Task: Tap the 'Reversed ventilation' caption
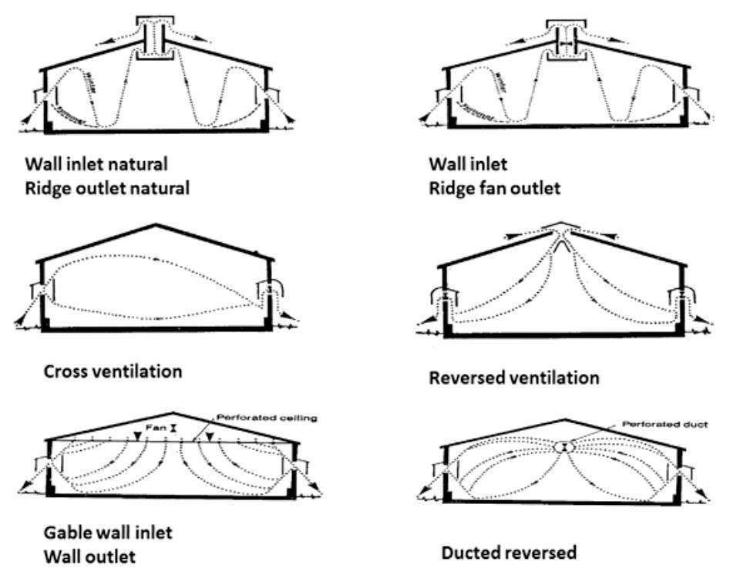coord(514,378)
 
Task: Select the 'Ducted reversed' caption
coord(508,553)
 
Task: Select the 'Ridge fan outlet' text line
coord(494,187)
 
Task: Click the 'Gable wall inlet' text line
coord(98,532)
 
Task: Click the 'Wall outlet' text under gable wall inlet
coord(80,556)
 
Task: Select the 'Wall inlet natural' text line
coord(96,164)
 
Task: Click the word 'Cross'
coord(65,371)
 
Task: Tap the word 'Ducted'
coord(473,553)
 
